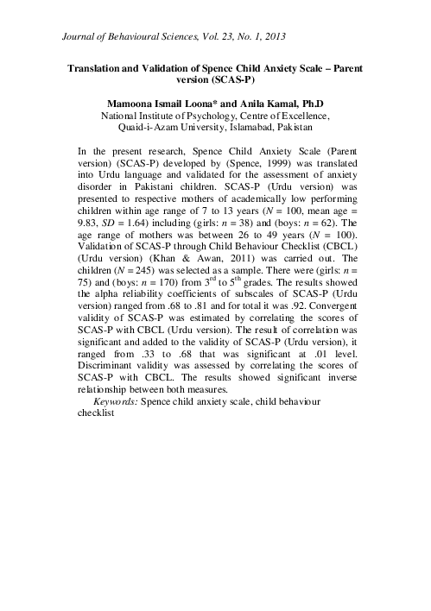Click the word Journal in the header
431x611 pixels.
tap(83, 37)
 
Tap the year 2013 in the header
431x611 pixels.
tap(272, 37)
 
